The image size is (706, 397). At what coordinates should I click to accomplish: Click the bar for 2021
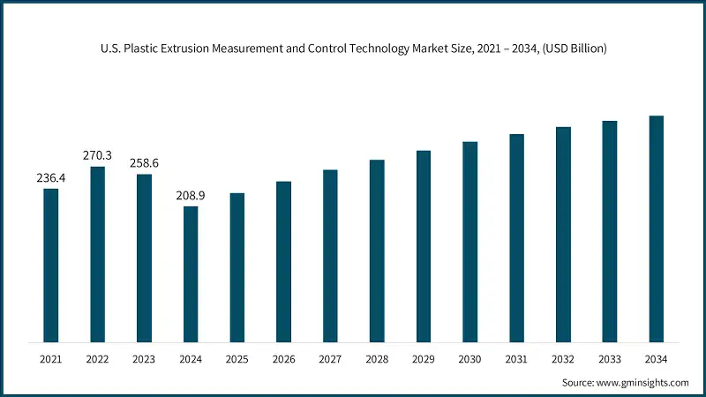click(x=51, y=265)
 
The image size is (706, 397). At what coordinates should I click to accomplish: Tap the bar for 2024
click(x=191, y=273)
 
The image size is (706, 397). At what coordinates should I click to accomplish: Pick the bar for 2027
click(x=330, y=256)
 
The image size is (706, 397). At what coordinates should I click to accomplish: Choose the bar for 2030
click(x=469, y=242)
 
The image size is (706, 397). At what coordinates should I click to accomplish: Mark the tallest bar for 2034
click(x=656, y=228)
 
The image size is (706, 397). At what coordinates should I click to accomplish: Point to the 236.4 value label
click(x=51, y=178)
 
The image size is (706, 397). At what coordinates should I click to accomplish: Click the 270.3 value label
click(x=98, y=155)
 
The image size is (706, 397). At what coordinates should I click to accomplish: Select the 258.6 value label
click(x=144, y=163)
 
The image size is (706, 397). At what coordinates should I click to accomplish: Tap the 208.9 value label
click(x=191, y=196)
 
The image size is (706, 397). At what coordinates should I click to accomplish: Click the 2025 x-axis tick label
click(x=237, y=359)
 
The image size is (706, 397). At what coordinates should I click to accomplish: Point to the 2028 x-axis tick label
click(x=377, y=359)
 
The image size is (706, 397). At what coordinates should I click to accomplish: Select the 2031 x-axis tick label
click(x=516, y=359)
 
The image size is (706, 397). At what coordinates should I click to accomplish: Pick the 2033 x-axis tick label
click(x=609, y=359)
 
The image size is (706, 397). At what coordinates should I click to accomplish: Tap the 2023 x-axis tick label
click(x=144, y=359)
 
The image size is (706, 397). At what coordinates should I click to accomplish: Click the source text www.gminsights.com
click(x=643, y=383)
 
